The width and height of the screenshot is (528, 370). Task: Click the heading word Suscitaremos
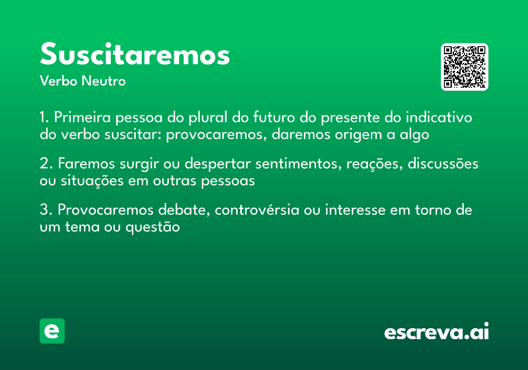(x=135, y=55)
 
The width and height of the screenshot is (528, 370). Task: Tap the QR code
(x=465, y=67)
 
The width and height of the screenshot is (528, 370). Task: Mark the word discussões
(x=443, y=164)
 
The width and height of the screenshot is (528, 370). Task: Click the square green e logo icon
(x=52, y=331)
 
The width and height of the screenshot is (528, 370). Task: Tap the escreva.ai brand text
(x=436, y=332)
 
